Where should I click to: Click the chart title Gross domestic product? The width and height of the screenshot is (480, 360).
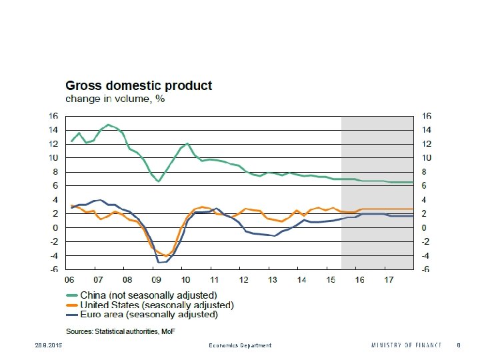tap(139, 86)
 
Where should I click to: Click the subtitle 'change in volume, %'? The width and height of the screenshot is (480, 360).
tap(115, 99)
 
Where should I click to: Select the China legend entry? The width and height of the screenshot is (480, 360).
tap(148, 295)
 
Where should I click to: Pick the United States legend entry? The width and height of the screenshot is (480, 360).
tap(157, 305)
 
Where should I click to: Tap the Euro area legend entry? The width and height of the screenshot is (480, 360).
tap(149, 314)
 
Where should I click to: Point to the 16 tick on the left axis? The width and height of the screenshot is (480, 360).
tap(53, 116)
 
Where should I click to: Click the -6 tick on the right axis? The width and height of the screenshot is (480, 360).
tap(423, 269)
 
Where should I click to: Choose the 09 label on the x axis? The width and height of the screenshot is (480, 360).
tap(156, 280)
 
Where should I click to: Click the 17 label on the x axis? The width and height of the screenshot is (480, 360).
tap(390, 280)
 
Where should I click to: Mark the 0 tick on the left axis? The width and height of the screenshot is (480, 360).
tap(55, 227)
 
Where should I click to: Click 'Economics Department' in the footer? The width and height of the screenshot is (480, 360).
tap(241, 345)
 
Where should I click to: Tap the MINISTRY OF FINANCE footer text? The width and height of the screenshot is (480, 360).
tap(407, 345)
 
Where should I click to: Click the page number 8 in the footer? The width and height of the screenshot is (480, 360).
tap(459, 345)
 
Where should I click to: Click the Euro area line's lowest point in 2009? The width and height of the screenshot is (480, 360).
tap(160, 263)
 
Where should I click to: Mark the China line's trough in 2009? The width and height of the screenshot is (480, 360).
tap(158, 181)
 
